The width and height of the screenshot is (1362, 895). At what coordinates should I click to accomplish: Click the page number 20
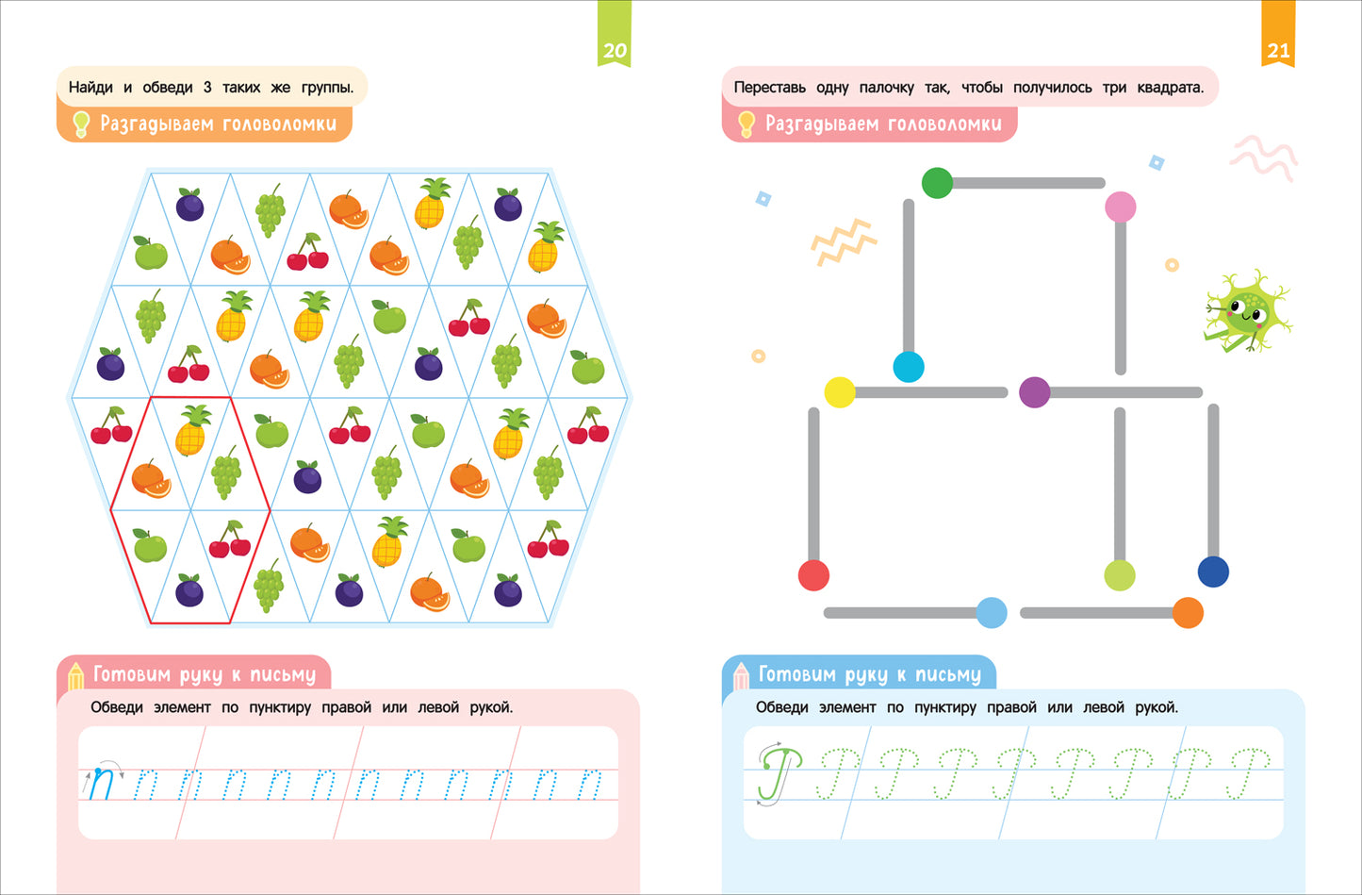[615, 51]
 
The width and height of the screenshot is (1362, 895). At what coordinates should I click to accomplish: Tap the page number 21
[1278, 51]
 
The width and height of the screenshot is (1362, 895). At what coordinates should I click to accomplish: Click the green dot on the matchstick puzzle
[937, 183]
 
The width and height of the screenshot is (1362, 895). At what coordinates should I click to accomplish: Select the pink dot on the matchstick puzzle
[1120, 207]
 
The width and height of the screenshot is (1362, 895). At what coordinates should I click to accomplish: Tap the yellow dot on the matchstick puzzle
[840, 392]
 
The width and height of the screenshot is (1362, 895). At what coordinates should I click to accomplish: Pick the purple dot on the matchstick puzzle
[1034, 391]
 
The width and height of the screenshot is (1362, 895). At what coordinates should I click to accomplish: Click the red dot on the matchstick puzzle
[813, 575]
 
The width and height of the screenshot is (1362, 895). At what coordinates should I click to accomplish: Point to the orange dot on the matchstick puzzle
[1188, 613]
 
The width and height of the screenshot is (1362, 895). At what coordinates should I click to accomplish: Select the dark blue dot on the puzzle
[1213, 572]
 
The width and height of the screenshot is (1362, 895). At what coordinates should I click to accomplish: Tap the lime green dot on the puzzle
[1120, 575]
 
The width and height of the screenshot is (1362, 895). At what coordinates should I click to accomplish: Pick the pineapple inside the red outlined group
[192, 430]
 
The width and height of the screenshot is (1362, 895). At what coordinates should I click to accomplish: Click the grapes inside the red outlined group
[226, 472]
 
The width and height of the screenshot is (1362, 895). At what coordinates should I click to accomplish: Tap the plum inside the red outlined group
[189, 590]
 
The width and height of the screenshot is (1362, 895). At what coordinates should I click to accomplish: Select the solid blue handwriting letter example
[101, 783]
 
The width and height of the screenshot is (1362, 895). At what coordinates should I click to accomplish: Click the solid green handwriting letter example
[779, 773]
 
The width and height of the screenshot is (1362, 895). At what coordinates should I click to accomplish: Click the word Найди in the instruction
[90, 88]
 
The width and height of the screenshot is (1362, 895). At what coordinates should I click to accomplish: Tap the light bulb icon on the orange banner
[81, 124]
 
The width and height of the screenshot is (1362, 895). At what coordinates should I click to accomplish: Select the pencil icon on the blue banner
[741, 676]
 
